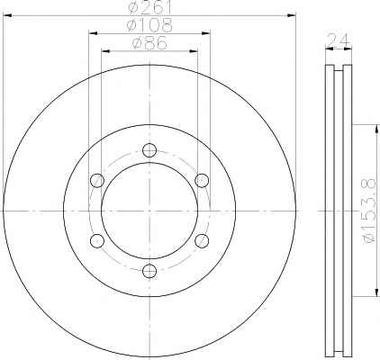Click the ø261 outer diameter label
[x=149, y=7]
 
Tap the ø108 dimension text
[x=149, y=25]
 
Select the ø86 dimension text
[x=149, y=43]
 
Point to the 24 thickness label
[x=339, y=40]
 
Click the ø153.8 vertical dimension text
[x=369, y=211]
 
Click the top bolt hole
[x=149, y=149]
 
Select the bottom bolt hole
[x=149, y=271]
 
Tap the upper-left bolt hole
[x=97, y=180]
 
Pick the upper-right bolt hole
[x=202, y=180]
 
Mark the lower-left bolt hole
[x=97, y=241]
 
